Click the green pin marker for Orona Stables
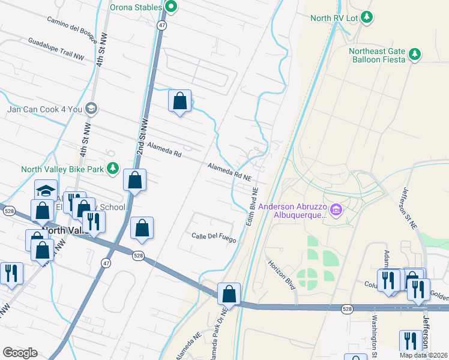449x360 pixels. click(x=170, y=8)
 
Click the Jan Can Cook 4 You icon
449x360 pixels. click(x=91, y=109)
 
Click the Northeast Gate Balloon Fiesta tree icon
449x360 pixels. click(x=414, y=55)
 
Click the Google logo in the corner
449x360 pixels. click(x=20, y=353)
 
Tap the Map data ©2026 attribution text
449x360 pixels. click(x=423, y=355)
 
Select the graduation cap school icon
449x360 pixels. click(x=46, y=190)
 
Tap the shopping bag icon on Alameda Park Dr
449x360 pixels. click(x=229, y=294)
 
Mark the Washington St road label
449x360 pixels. click(x=373, y=336)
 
